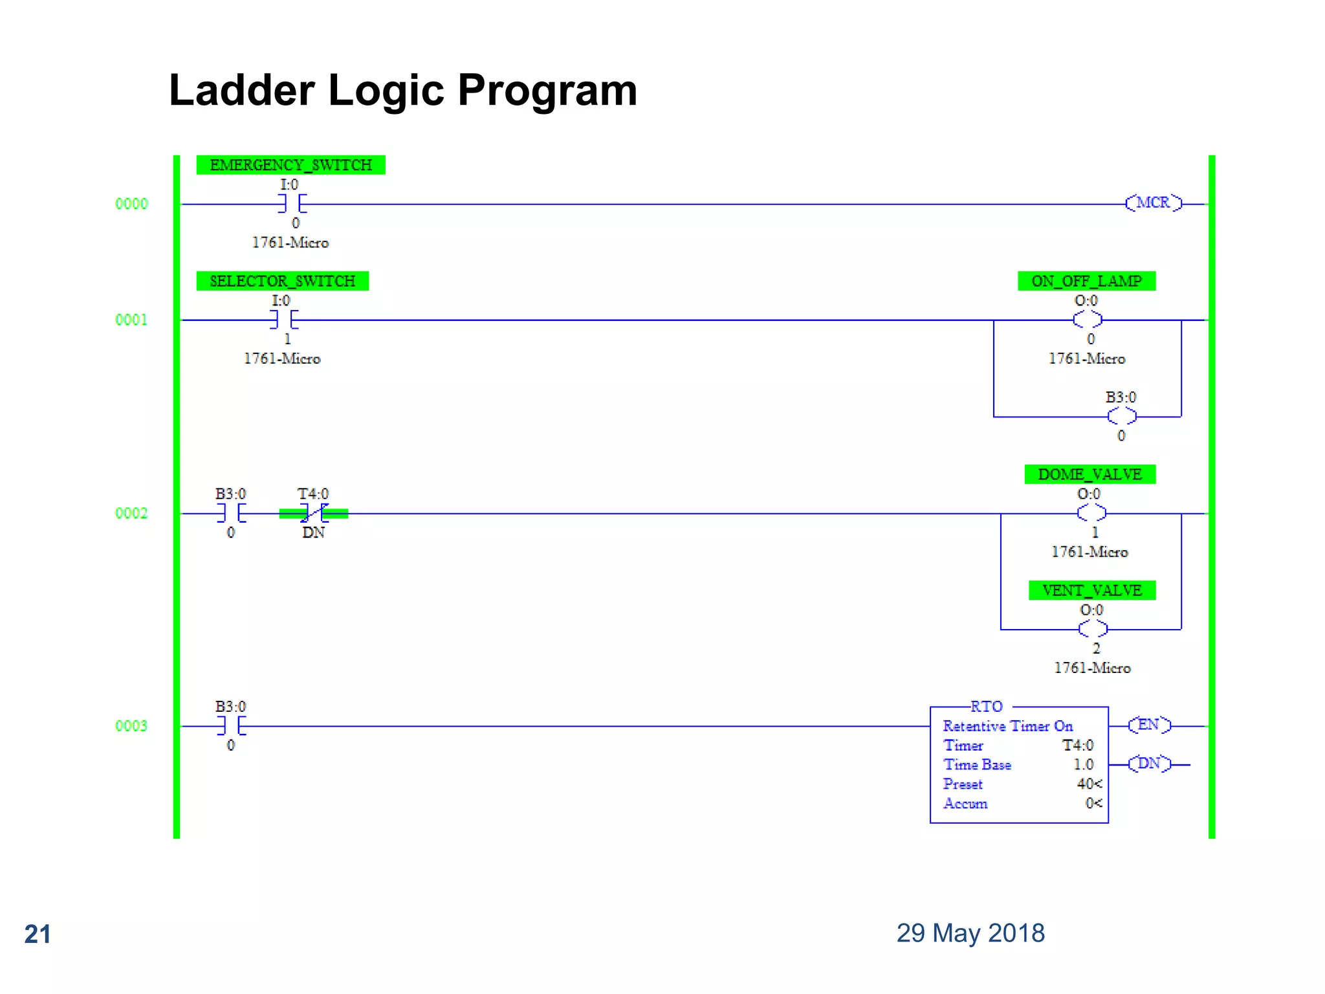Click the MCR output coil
click(1154, 203)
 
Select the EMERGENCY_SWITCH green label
click(290, 165)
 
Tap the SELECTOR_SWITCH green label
click(283, 281)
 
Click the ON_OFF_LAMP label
click(1086, 281)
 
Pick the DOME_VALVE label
click(1090, 474)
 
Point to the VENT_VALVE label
click(1091, 590)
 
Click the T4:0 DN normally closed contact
click(314, 513)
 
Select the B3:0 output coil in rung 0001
click(1121, 416)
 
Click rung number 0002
click(131, 513)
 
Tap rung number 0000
click(131, 204)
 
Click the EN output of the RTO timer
click(1149, 725)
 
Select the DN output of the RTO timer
click(1149, 764)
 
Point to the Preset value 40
click(1086, 784)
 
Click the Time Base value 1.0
click(1083, 764)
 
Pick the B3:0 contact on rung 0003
click(231, 726)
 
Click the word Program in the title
click(547, 91)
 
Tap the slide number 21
click(38, 934)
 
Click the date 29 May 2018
click(970, 933)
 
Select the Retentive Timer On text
click(1007, 726)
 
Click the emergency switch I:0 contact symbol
click(292, 204)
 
